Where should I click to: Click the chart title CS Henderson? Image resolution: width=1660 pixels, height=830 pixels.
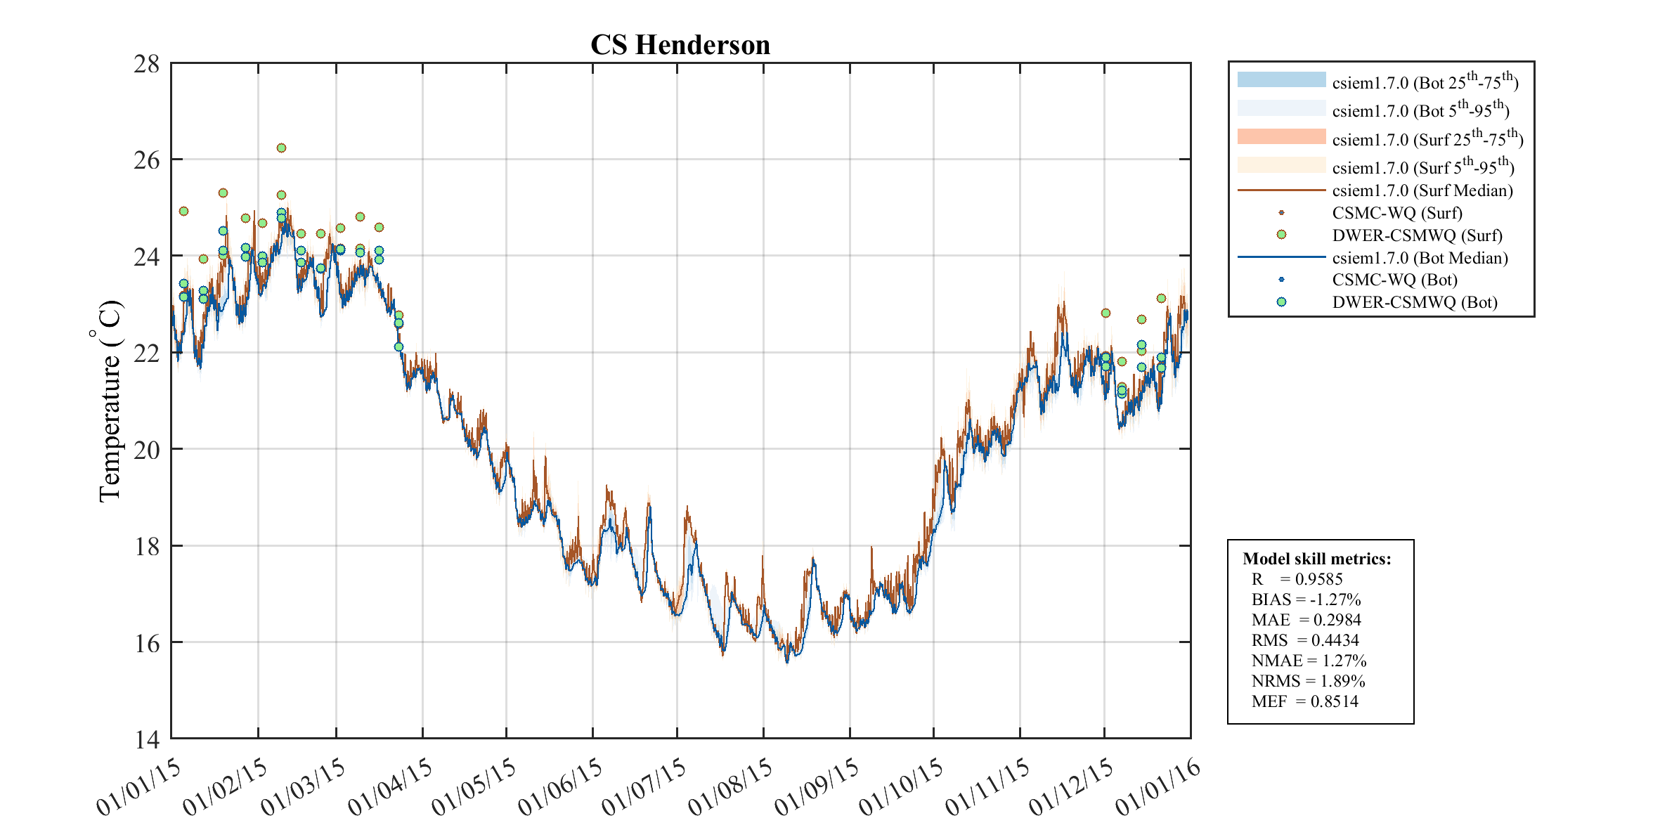coord(680,45)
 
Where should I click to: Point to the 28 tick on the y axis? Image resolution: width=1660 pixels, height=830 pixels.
coord(147,64)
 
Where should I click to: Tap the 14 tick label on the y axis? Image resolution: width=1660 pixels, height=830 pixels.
coord(147,739)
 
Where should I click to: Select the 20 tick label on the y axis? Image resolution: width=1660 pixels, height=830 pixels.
coord(147,449)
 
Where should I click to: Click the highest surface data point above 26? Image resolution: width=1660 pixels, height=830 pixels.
coord(281,148)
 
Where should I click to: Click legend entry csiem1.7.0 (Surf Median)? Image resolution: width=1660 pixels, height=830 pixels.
coord(1422,190)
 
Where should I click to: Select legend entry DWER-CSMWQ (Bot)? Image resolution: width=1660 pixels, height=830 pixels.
coord(1414,302)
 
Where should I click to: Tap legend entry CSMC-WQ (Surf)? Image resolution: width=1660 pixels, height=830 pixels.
coord(1396,213)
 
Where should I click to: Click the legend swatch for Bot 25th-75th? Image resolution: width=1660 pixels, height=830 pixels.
coord(1281,80)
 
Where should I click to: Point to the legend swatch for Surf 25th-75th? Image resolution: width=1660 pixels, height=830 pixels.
coord(1281,137)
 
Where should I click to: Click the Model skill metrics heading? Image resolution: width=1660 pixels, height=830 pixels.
coord(1316,559)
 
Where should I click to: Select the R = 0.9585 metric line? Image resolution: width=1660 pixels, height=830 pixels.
coord(1297,579)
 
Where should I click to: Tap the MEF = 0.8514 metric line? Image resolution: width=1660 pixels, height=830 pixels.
coord(1304,701)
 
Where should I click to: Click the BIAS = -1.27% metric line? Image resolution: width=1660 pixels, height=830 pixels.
coord(1306,599)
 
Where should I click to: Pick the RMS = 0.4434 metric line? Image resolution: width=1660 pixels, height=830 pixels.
coord(1304,640)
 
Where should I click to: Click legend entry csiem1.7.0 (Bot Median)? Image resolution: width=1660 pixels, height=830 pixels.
coord(1420,258)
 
